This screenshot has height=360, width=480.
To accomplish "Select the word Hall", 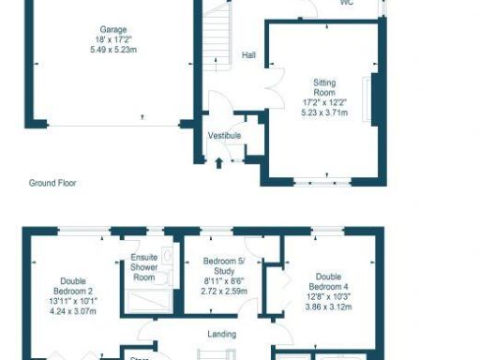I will pos(248,55).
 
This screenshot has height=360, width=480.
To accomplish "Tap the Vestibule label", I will pos(225,136).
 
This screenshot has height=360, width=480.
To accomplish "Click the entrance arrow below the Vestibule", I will pos(219,163).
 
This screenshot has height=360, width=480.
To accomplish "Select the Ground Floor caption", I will pos(52,184).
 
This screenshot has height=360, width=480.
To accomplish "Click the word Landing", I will pos(222,334).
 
